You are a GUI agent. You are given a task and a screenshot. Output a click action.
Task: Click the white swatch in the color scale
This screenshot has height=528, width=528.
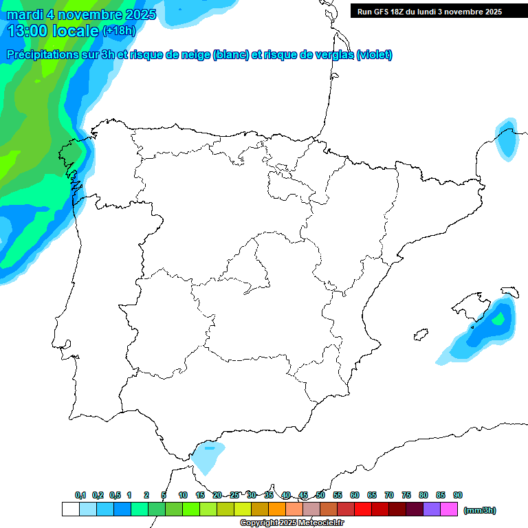click(70, 509)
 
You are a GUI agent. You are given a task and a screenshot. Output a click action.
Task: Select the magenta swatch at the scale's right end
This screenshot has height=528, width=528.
click(449, 509)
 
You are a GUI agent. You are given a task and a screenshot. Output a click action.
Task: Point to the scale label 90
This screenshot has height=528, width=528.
click(458, 495)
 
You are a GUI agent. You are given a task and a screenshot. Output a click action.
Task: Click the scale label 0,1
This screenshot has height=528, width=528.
click(80, 495)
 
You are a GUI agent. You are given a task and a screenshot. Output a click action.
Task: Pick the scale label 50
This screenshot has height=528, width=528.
click(320, 495)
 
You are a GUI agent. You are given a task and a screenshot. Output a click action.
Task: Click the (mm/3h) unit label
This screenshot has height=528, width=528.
click(480, 510)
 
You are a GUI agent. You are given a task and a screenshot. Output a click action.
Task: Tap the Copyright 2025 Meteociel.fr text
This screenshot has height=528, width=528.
click(291, 523)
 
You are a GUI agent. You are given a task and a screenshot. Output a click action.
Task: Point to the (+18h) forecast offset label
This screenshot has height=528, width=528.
click(119, 31)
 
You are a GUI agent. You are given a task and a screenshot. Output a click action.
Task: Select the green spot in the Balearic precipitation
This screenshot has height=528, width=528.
click(500, 318)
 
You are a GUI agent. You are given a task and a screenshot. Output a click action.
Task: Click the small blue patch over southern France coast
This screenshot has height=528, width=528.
click(507, 141)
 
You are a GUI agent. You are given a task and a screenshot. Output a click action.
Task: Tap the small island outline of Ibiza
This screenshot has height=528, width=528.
click(419, 335)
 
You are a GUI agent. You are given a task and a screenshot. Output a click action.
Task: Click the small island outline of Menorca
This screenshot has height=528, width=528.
click(509, 291)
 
